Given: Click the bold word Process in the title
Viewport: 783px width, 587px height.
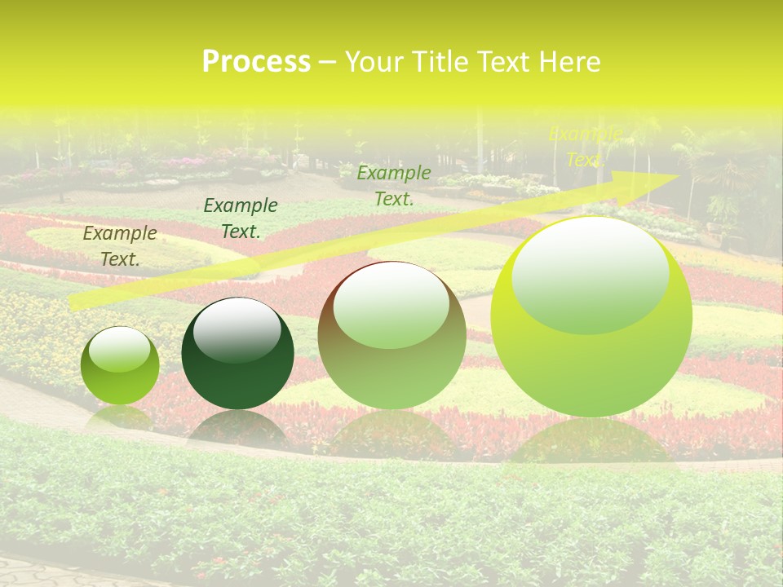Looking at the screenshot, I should [x=256, y=62].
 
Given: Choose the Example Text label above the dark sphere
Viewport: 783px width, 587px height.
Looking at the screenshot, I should [x=240, y=218].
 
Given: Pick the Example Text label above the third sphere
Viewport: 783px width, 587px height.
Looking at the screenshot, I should [x=394, y=185].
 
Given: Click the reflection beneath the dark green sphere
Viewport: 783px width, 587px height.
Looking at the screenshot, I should [x=237, y=427].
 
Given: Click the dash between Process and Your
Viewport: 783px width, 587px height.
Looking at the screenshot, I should [x=327, y=62].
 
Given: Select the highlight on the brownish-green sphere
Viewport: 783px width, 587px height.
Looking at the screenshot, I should [x=391, y=306].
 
